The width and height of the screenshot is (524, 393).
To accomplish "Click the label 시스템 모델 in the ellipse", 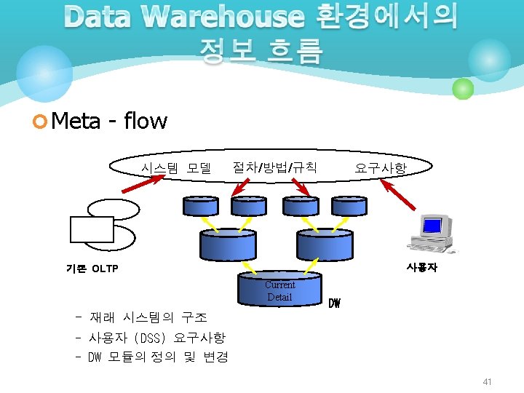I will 176,168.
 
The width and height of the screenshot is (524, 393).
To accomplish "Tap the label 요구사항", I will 380,169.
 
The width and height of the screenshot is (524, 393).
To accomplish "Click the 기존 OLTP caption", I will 92,269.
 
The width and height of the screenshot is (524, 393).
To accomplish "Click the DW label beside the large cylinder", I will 334,302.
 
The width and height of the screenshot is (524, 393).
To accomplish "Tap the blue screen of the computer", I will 434,226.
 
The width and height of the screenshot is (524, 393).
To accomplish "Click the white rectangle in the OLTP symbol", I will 92,229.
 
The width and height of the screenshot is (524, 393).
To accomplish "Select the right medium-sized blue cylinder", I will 325,244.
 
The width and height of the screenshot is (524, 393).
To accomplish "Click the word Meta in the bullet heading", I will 76,120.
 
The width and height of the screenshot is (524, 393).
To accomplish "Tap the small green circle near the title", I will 463,89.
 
